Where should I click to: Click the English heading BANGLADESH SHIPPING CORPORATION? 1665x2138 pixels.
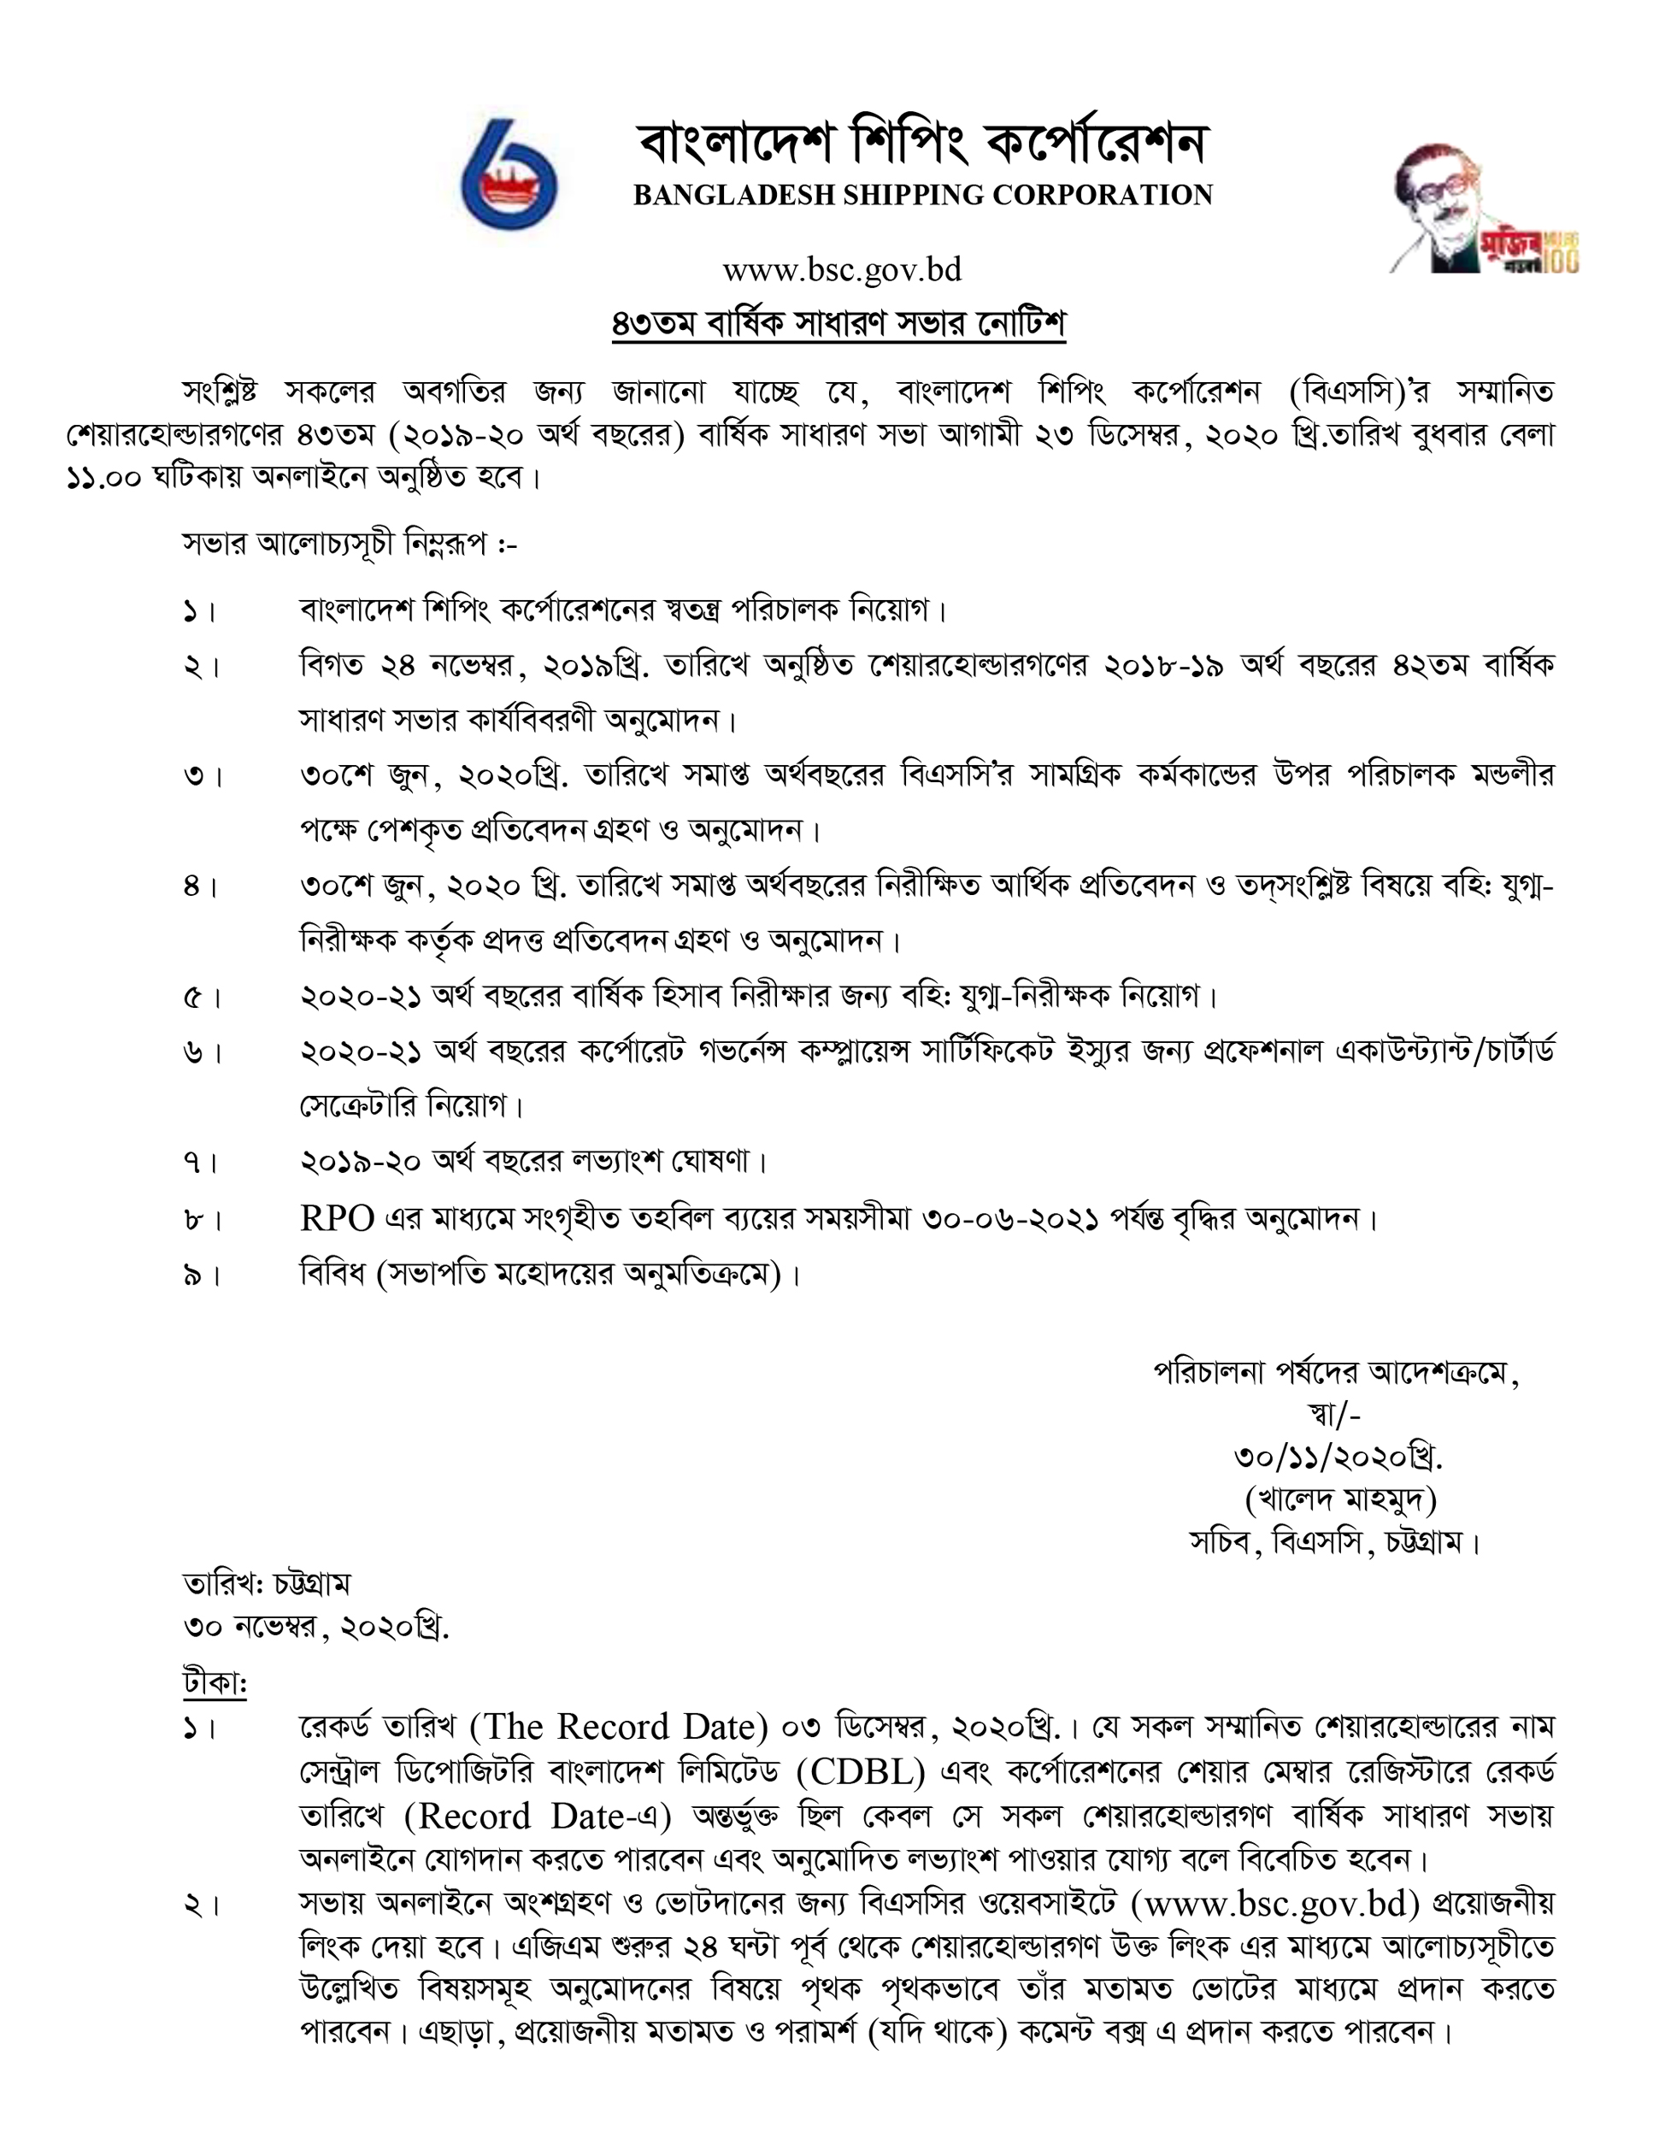(x=923, y=195)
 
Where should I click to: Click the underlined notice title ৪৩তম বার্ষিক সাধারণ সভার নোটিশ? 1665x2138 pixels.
(x=838, y=324)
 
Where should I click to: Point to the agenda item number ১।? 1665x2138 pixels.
(x=201, y=613)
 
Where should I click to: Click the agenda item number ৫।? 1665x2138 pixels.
(x=201, y=998)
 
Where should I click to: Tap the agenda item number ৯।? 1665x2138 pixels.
(x=201, y=1276)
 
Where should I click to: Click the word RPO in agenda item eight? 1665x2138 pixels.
(x=337, y=1219)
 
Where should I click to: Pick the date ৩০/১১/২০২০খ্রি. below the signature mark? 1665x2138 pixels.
(x=1338, y=1458)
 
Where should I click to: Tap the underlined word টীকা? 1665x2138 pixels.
(x=215, y=1682)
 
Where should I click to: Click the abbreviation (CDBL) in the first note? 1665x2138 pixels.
(x=862, y=1772)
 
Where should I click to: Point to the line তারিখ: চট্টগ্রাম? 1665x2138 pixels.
(x=266, y=1584)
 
